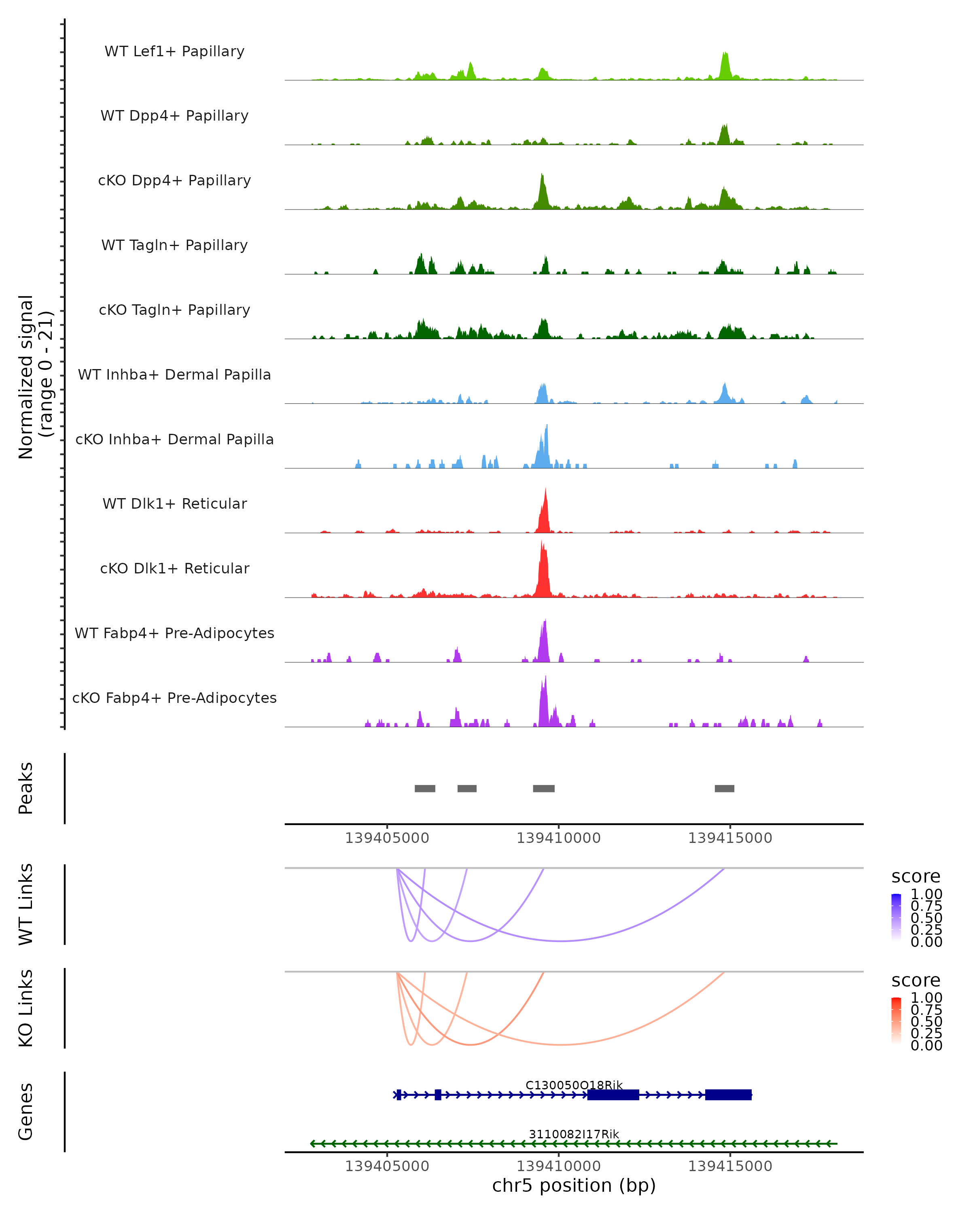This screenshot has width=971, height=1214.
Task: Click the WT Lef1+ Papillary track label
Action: click(x=174, y=51)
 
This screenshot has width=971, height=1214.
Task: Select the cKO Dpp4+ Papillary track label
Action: click(x=174, y=180)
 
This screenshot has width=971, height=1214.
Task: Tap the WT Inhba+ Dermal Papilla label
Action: click(x=174, y=374)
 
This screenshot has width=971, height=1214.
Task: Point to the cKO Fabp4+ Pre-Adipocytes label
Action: click(x=174, y=698)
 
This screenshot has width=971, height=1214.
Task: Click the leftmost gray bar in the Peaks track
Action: click(x=425, y=788)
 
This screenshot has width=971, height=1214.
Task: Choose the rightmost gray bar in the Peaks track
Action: click(x=725, y=788)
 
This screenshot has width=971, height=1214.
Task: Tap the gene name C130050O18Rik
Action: click(x=574, y=1085)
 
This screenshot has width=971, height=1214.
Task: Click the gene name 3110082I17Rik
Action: click(x=574, y=1134)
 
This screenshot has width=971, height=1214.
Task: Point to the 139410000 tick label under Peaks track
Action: click(x=558, y=838)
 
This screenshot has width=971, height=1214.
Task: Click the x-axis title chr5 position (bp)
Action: click(x=574, y=1185)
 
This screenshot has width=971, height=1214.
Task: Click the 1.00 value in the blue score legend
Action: click(x=926, y=894)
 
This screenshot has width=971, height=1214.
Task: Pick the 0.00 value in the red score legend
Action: click(x=926, y=1045)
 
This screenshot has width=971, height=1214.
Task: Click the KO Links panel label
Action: click(x=26, y=1008)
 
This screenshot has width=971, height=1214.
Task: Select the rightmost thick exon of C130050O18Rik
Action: click(x=728, y=1095)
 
